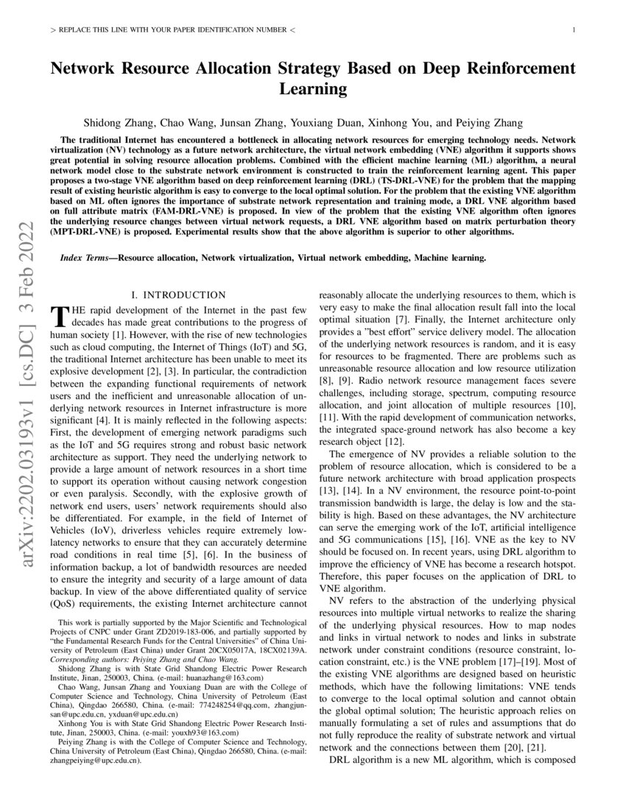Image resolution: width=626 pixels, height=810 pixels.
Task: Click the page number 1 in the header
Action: pos(573,30)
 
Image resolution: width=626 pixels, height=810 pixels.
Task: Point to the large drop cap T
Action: pos(57,317)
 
